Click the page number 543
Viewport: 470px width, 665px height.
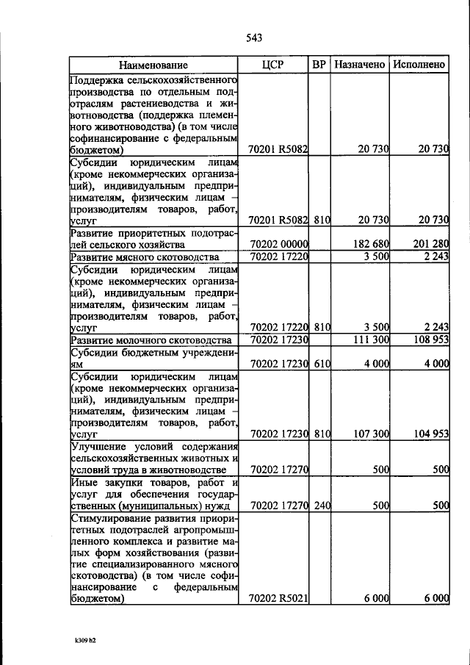click(x=254, y=37)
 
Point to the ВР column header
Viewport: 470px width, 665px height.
click(x=319, y=65)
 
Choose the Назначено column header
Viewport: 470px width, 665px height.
click(x=360, y=65)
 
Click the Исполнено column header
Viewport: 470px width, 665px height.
click(x=419, y=65)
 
